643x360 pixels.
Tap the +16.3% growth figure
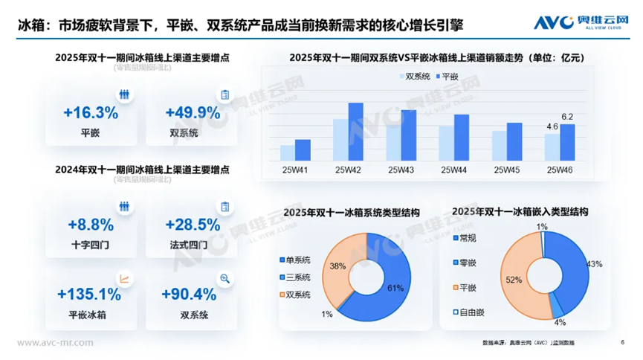pyautogui.click(x=91, y=113)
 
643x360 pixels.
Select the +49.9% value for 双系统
pyautogui.click(x=193, y=113)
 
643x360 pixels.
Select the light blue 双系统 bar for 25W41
pyautogui.click(x=287, y=152)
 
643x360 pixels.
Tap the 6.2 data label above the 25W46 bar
pyautogui.click(x=567, y=117)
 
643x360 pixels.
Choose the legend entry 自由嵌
pyautogui.click(x=468, y=312)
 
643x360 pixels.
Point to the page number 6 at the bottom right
pyautogui.click(x=621, y=342)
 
